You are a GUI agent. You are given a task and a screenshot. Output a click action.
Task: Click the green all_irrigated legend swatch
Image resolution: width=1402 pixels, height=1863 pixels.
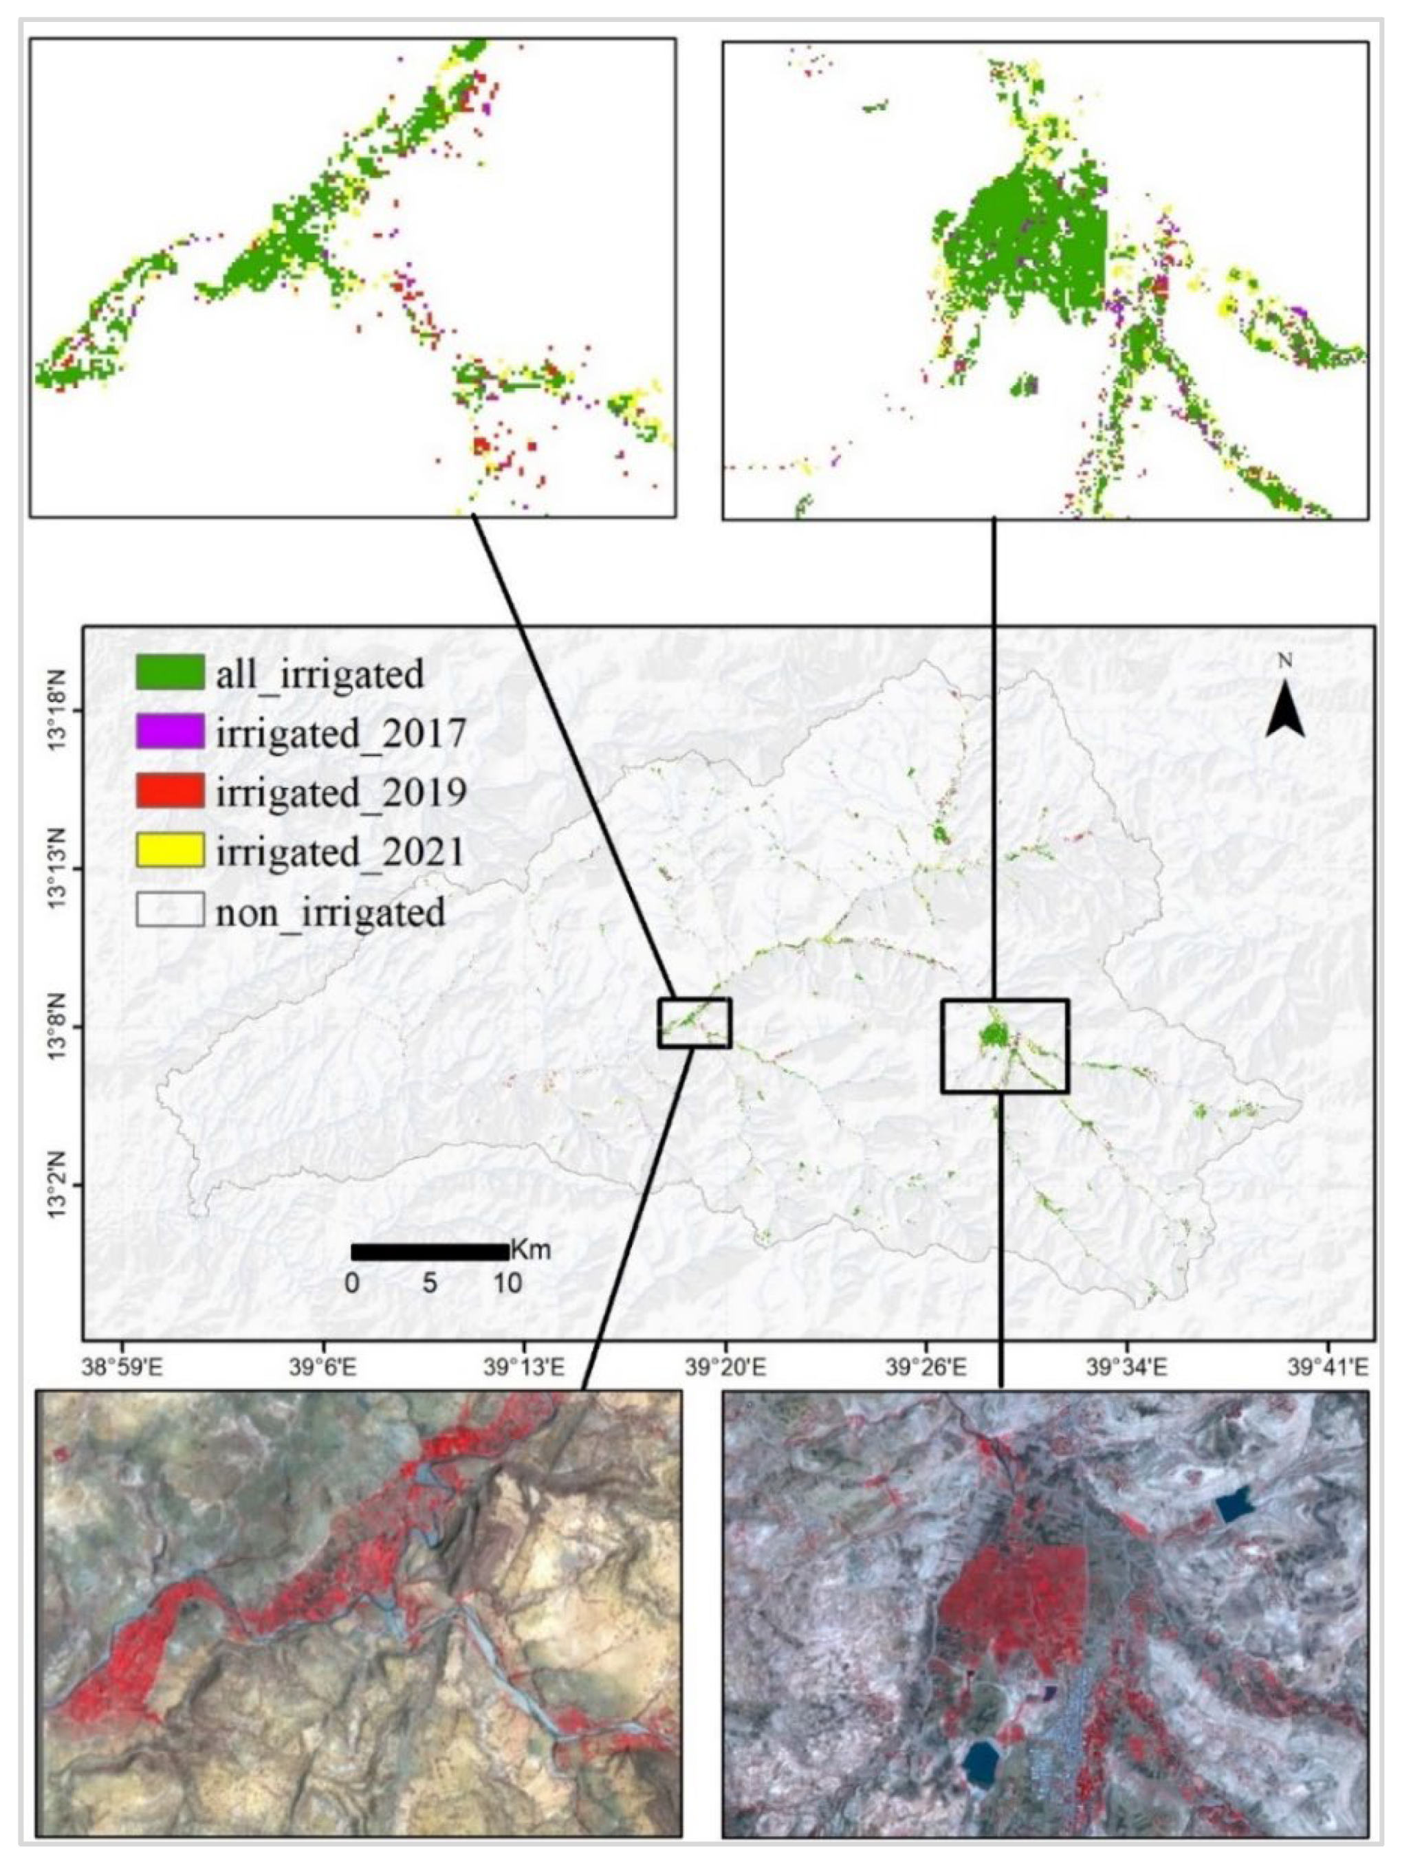(x=169, y=673)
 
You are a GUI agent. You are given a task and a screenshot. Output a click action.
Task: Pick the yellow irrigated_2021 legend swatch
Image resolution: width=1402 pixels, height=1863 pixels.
(x=169, y=850)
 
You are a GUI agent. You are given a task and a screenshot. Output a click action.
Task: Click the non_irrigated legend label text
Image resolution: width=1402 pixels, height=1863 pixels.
(x=329, y=912)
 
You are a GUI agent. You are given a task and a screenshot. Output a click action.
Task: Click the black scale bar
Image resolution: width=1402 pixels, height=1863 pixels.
(x=430, y=1253)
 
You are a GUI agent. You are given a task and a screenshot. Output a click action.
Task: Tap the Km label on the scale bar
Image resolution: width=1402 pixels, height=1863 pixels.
(x=531, y=1250)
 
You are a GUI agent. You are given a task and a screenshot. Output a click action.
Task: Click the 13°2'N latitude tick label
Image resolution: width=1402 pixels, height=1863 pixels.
(x=61, y=1186)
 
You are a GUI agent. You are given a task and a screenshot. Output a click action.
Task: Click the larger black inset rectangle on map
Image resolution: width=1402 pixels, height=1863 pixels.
(x=1005, y=1046)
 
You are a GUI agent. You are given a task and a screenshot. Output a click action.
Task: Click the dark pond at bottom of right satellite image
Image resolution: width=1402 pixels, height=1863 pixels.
(x=980, y=1757)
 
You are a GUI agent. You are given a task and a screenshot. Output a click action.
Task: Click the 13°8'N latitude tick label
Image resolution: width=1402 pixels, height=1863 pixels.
(x=61, y=1026)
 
